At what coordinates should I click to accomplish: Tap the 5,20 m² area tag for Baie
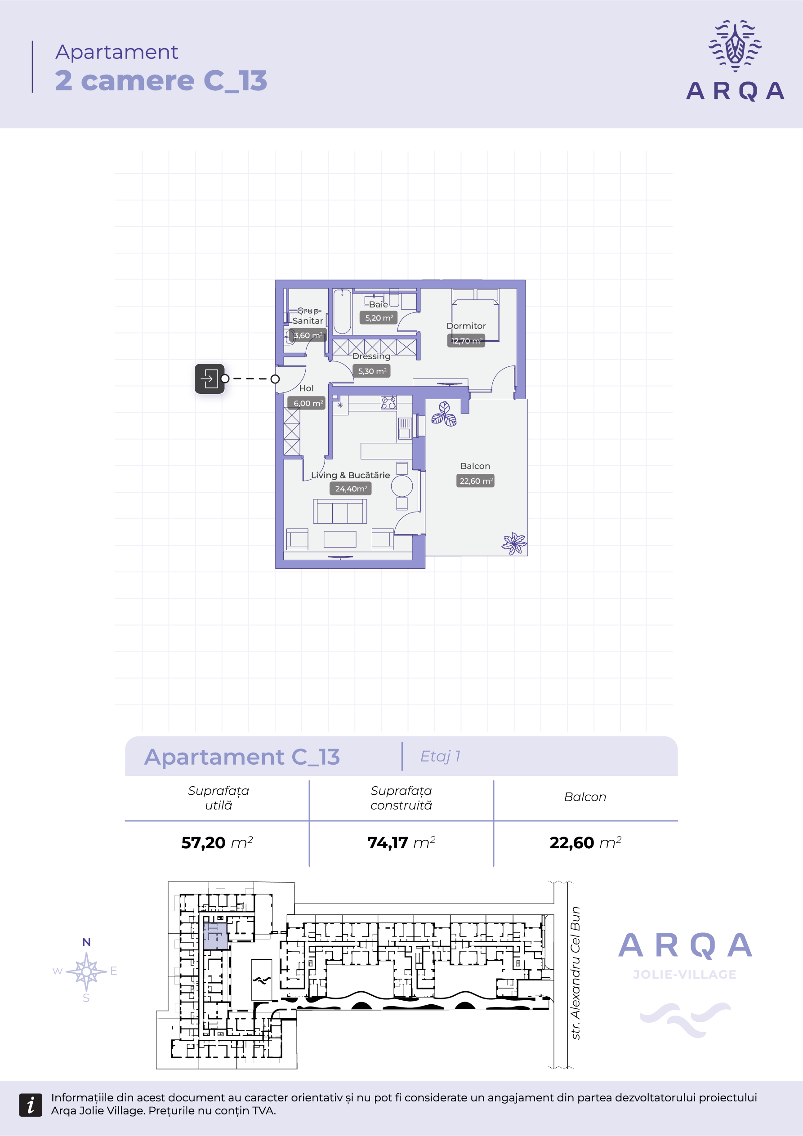379,318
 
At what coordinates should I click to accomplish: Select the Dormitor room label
466,326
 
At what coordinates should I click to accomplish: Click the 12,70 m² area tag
466,341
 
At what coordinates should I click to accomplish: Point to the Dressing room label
371,356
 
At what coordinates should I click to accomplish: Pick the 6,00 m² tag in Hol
306,403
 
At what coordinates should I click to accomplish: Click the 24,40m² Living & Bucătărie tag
351,489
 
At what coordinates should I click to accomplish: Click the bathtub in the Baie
342,312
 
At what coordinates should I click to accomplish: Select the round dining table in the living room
402,486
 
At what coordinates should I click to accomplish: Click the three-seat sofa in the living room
340,511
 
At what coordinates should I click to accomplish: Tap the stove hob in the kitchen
388,402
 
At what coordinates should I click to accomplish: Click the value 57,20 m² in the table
217,842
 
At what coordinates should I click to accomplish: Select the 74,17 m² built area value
401,842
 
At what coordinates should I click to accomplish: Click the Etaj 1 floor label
440,756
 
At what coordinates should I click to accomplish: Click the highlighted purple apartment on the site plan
216,936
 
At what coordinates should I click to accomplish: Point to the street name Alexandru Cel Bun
575,974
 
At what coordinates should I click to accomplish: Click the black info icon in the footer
31,1105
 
